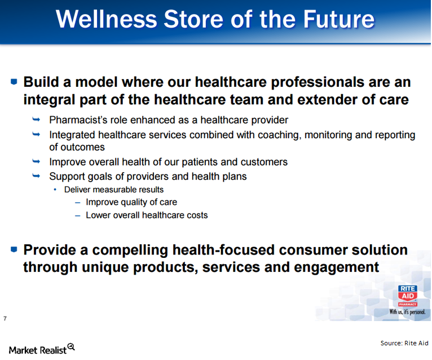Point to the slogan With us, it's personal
coord(407,311)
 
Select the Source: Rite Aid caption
coord(404,343)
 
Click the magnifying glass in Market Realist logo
coord(71,347)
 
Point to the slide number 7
coord(5,319)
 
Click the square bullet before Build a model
coord(14,82)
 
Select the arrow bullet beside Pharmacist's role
coord(37,119)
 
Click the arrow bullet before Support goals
coord(37,175)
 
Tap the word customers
coord(265,162)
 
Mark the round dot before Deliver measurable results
coord(55,190)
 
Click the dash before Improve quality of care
coord(77,202)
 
